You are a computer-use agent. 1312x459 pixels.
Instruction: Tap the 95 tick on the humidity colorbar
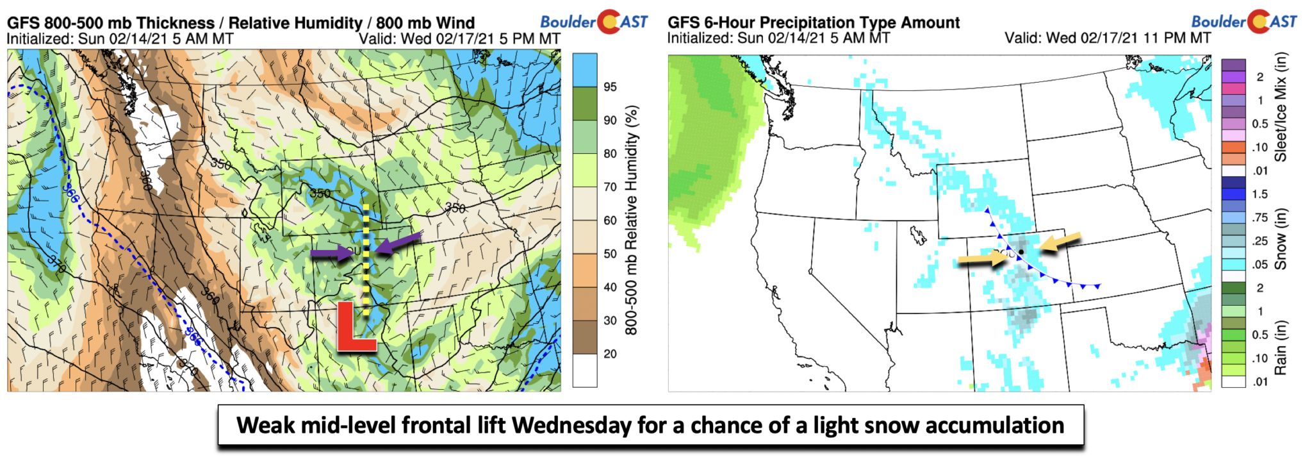point(610,87)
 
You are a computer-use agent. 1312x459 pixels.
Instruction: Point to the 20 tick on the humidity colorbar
point(610,354)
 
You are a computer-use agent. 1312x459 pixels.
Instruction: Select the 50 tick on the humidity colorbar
point(610,254)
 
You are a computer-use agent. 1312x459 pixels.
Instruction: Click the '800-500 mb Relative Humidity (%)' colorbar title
point(632,220)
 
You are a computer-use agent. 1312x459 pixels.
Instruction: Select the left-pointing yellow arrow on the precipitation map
point(1060,242)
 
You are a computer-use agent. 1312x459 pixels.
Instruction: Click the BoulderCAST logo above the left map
point(594,22)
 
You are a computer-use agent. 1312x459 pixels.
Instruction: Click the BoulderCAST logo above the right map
point(1243,22)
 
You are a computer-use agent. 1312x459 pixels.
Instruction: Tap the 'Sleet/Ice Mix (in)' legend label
point(1280,106)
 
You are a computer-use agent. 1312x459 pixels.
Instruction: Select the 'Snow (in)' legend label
point(1280,239)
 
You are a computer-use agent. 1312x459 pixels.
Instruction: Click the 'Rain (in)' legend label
point(1280,347)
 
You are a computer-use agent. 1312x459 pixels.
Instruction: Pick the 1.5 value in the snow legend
point(1260,194)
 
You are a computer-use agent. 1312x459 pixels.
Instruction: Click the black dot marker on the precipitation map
point(1021,251)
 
